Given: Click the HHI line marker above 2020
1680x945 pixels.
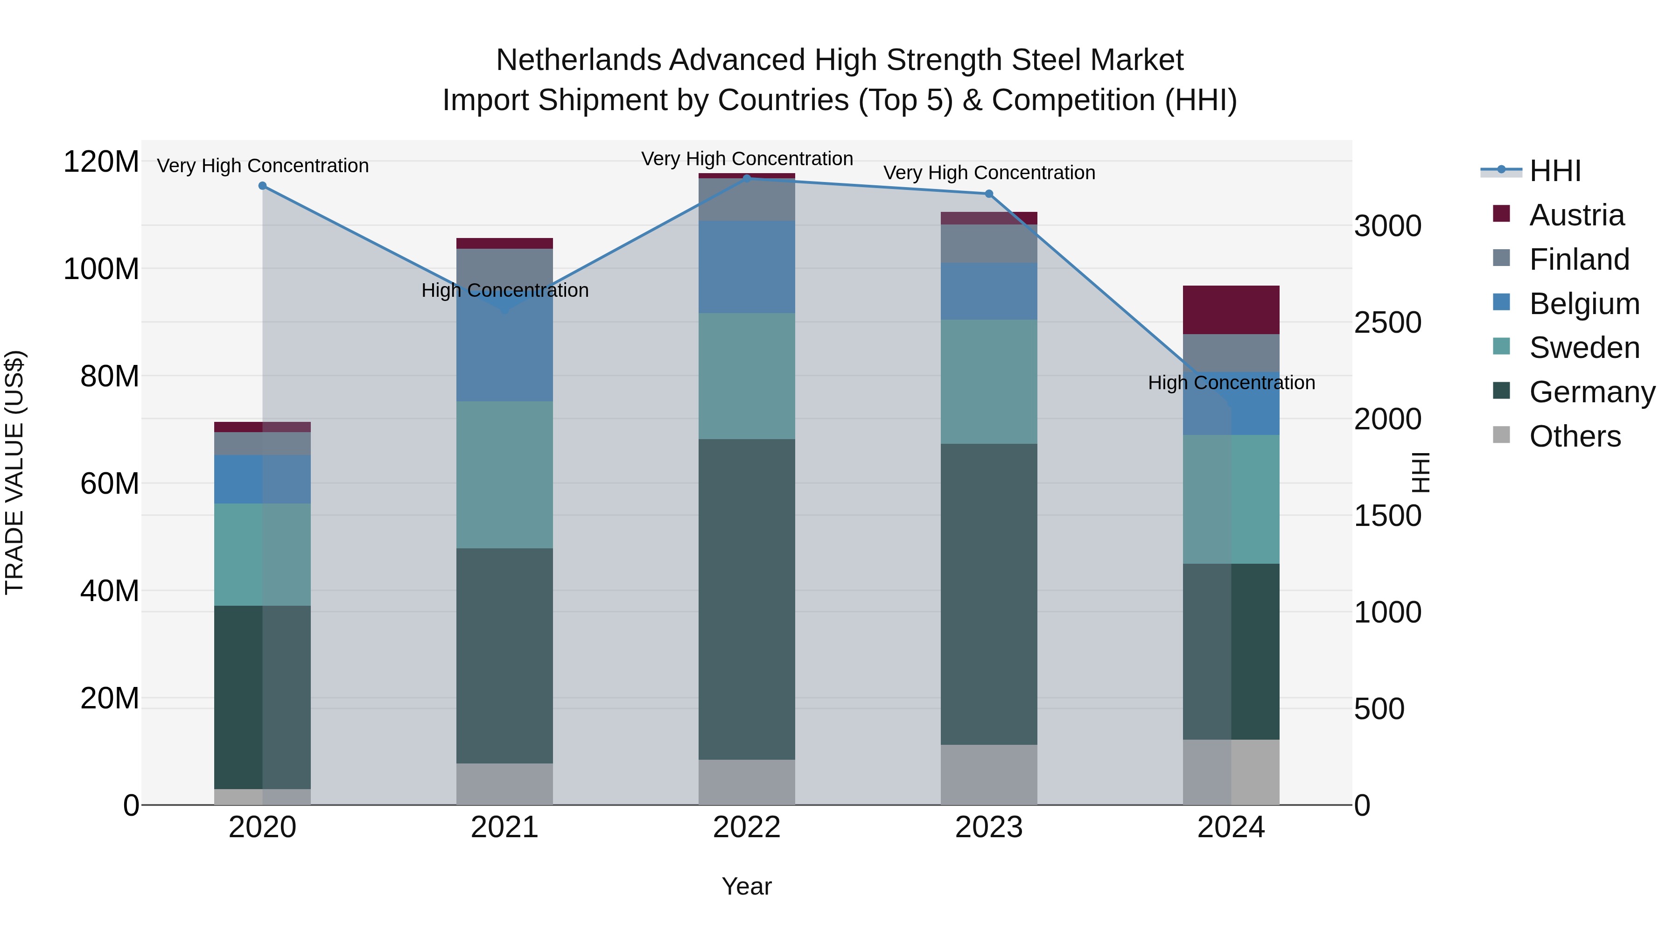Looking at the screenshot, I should tap(263, 186).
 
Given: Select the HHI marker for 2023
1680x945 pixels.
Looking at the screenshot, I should tap(989, 194).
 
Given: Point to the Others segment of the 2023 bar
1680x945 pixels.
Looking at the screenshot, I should tap(989, 774).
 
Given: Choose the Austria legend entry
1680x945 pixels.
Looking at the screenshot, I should tap(1576, 215).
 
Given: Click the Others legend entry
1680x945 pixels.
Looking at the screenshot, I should tap(1575, 436).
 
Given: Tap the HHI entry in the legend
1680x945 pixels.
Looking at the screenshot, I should tap(1555, 171).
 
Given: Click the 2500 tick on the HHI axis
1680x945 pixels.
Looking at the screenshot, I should tap(1387, 323).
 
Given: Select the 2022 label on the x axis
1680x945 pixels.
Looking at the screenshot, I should tap(747, 827).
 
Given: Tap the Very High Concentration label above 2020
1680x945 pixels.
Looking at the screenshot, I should tap(263, 166).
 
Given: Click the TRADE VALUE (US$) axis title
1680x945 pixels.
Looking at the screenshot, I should tap(14, 472).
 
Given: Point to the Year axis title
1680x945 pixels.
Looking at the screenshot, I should tap(747, 886).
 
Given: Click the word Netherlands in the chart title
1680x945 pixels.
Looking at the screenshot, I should tap(579, 60).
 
